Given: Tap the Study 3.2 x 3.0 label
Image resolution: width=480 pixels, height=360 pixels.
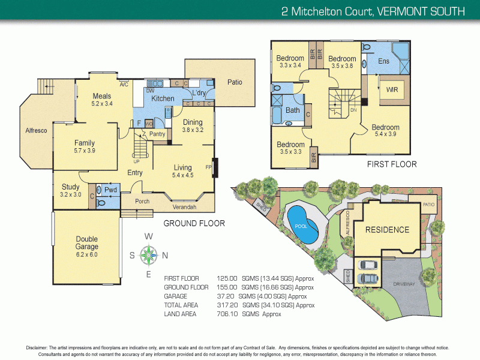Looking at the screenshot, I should [x=71, y=191].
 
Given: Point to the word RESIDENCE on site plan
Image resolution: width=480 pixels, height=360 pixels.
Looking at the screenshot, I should [x=388, y=230].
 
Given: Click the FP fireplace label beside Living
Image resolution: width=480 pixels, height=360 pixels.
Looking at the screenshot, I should [x=209, y=167].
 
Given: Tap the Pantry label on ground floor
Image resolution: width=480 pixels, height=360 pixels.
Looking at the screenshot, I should [x=157, y=134].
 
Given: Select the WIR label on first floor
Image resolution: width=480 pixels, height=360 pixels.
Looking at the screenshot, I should [x=392, y=89].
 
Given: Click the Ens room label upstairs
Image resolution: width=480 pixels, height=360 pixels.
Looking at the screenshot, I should [x=384, y=61].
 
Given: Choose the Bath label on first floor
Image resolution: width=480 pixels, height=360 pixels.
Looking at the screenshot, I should [x=293, y=110].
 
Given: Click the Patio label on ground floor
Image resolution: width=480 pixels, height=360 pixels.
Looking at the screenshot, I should [x=235, y=82].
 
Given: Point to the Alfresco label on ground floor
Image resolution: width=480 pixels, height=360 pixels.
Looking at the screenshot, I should [x=36, y=130].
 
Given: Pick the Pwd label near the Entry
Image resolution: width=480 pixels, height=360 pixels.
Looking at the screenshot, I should [x=110, y=190].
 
